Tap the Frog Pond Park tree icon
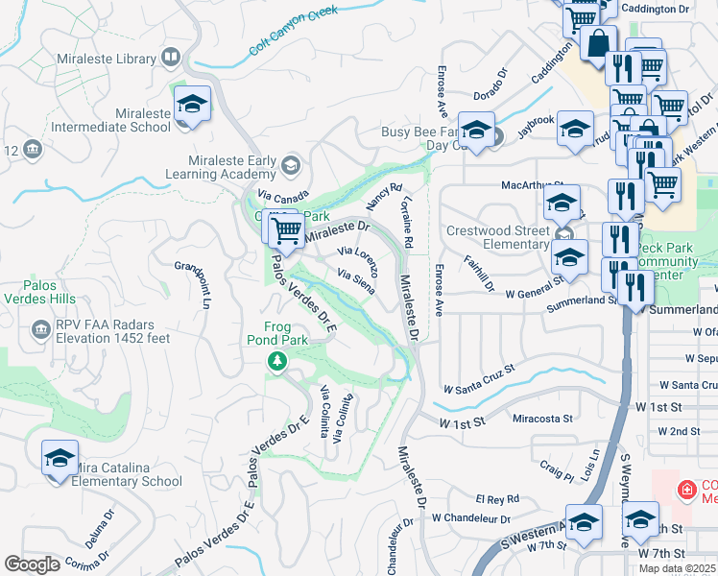click(276, 360)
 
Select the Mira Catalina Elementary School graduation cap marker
click(60, 458)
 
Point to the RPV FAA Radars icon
click(41, 330)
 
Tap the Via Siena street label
click(354, 279)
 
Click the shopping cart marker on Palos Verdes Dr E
click(285, 230)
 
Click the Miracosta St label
click(542, 419)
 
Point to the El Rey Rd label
click(497, 498)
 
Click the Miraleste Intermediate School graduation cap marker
click(192, 106)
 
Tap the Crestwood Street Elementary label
click(500, 238)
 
